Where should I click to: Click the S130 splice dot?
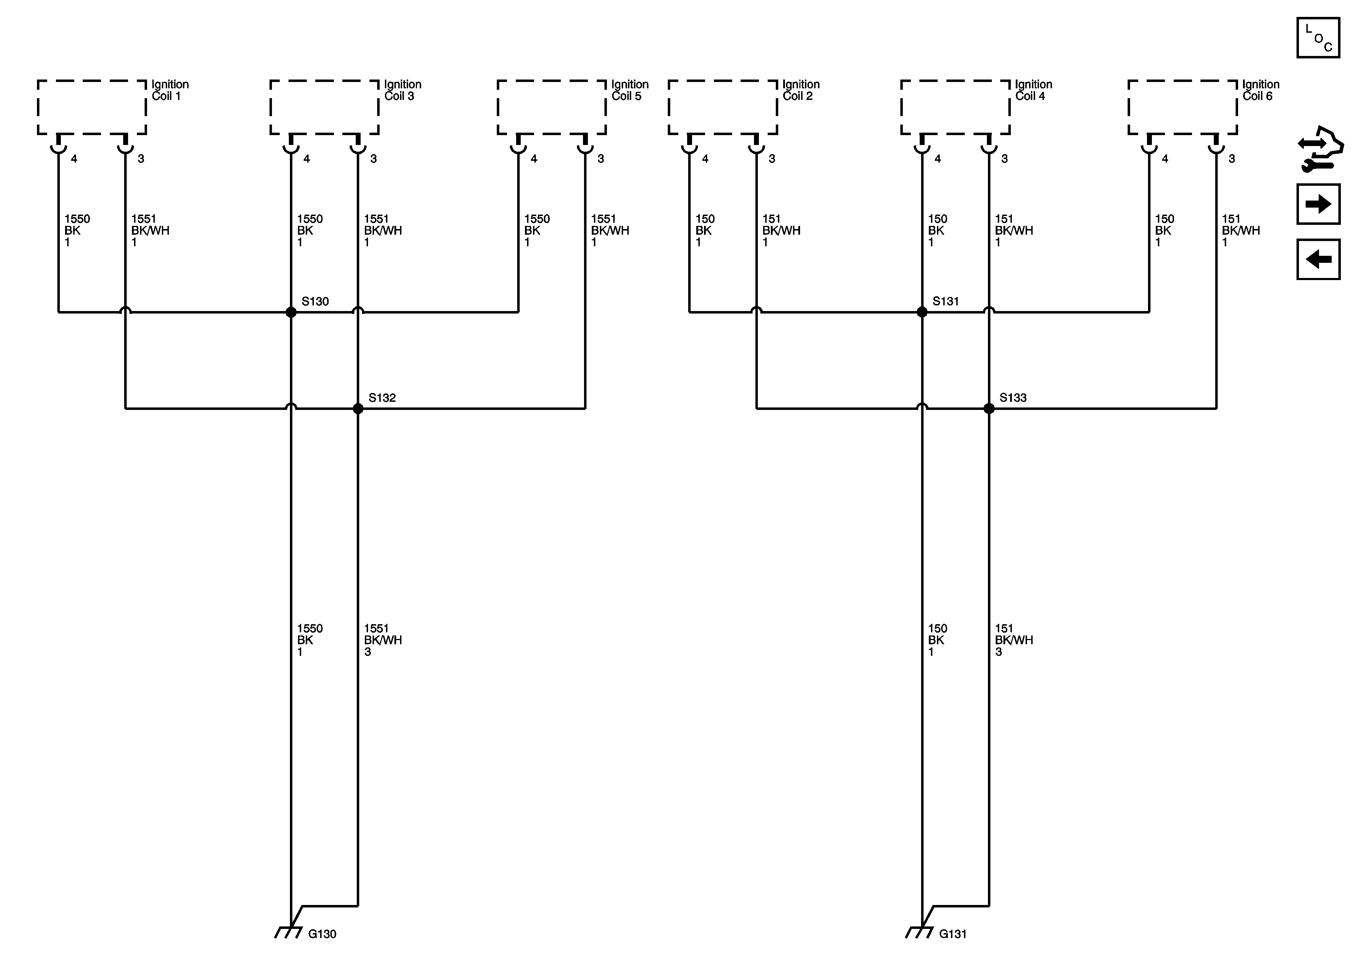tap(291, 312)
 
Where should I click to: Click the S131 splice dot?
tap(922, 312)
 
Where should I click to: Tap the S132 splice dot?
tap(358, 409)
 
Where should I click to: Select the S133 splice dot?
tap(989, 409)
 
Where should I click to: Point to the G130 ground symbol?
tap(289, 932)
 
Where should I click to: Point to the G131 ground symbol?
tap(920, 932)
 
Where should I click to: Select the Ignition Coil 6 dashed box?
tap(1183, 107)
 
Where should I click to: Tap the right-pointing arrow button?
tap(1318, 204)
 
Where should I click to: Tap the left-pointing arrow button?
tap(1318, 259)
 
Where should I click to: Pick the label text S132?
tap(382, 398)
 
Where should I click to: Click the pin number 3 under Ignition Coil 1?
tap(141, 159)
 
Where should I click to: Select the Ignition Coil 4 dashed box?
tap(955, 107)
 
